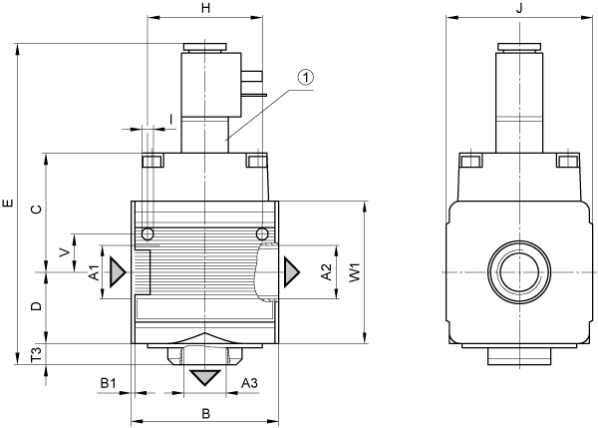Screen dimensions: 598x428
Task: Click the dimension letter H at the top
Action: pyautogui.click(x=205, y=8)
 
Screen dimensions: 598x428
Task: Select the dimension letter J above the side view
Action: pyautogui.click(x=519, y=8)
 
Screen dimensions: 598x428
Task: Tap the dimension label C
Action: pyautogui.click(x=37, y=209)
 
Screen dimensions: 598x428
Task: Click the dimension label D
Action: pyautogui.click(x=37, y=306)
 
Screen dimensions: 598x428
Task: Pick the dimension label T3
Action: pyautogui.click(x=37, y=355)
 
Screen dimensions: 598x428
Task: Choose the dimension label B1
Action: pyautogui.click(x=109, y=382)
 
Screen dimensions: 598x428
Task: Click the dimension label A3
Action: pyautogui.click(x=250, y=382)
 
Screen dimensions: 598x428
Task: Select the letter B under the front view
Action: pyautogui.click(x=205, y=413)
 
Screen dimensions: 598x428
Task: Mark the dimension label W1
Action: pyautogui.click(x=355, y=272)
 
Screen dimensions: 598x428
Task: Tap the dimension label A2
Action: pyautogui.click(x=327, y=272)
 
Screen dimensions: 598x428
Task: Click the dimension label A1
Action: pyautogui.click(x=94, y=272)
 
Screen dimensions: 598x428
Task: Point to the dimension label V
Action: pyautogui.click(x=65, y=252)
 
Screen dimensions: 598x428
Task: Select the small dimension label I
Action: pyautogui.click(x=171, y=120)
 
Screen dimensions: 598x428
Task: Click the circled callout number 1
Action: pyautogui.click(x=306, y=77)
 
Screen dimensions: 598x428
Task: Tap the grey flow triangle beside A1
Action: pyautogui.click(x=117, y=272)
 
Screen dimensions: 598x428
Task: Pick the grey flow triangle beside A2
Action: pyautogui.click(x=291, y=272)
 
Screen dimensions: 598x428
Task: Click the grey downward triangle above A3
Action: pyautogui.click(x=205, y=377)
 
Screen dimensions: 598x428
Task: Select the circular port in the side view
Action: pyautogui.click(x=519, y=272)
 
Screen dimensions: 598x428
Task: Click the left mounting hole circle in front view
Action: pyautogui.click(x=148, y=233)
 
